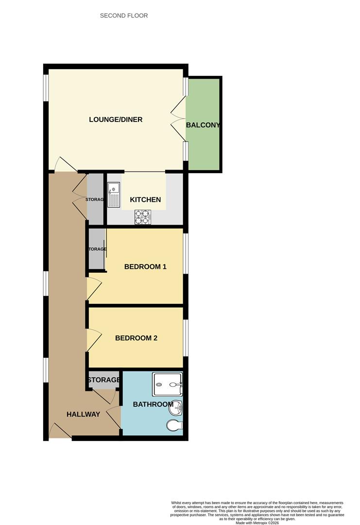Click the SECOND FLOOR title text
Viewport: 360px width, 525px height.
point(124,16)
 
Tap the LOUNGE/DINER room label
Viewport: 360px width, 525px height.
point(116,120)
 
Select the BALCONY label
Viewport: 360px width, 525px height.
point(203,125)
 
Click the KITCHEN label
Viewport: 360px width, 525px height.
point(145,200)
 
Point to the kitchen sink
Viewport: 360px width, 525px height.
point(113,194)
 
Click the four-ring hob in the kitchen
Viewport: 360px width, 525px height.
point(142,217)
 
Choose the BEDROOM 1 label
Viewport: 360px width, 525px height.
point(145,266)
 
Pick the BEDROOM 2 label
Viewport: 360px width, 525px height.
point(136,338)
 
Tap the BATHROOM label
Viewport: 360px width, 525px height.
point(153,404)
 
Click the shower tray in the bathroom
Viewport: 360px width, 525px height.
point(167,385)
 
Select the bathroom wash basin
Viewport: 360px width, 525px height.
point(175,409)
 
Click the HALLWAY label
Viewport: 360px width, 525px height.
point(83,415)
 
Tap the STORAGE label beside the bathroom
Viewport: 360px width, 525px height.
point(103,380)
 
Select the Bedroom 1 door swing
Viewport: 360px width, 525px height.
point(93,289)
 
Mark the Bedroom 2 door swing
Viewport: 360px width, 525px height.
point(93,340)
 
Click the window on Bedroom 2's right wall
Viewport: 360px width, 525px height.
point(186,337)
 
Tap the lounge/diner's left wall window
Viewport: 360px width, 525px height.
point(46,87)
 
